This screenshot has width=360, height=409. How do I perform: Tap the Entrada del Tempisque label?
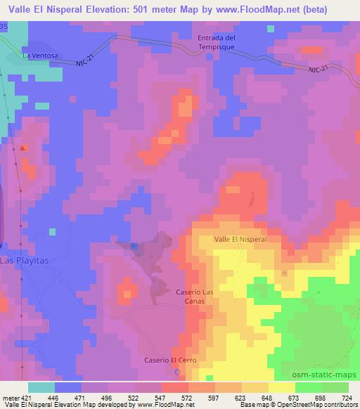tap(216, 41)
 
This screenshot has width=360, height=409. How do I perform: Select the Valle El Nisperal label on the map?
tap(240, 239)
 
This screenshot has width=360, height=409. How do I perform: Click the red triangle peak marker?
tap(24, 148)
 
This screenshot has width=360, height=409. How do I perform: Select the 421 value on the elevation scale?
tap(24, 396)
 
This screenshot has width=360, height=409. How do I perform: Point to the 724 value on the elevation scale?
tap(347, 396)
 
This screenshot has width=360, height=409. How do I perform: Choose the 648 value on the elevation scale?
tap(257, 396)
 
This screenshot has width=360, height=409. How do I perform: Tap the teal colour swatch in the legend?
tap(41, 387)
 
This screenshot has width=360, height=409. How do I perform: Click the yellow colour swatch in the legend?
tap(284, 387)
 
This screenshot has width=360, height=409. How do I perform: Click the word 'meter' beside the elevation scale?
tap(8, 396)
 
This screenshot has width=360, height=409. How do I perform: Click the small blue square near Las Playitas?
tap(134, 245)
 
